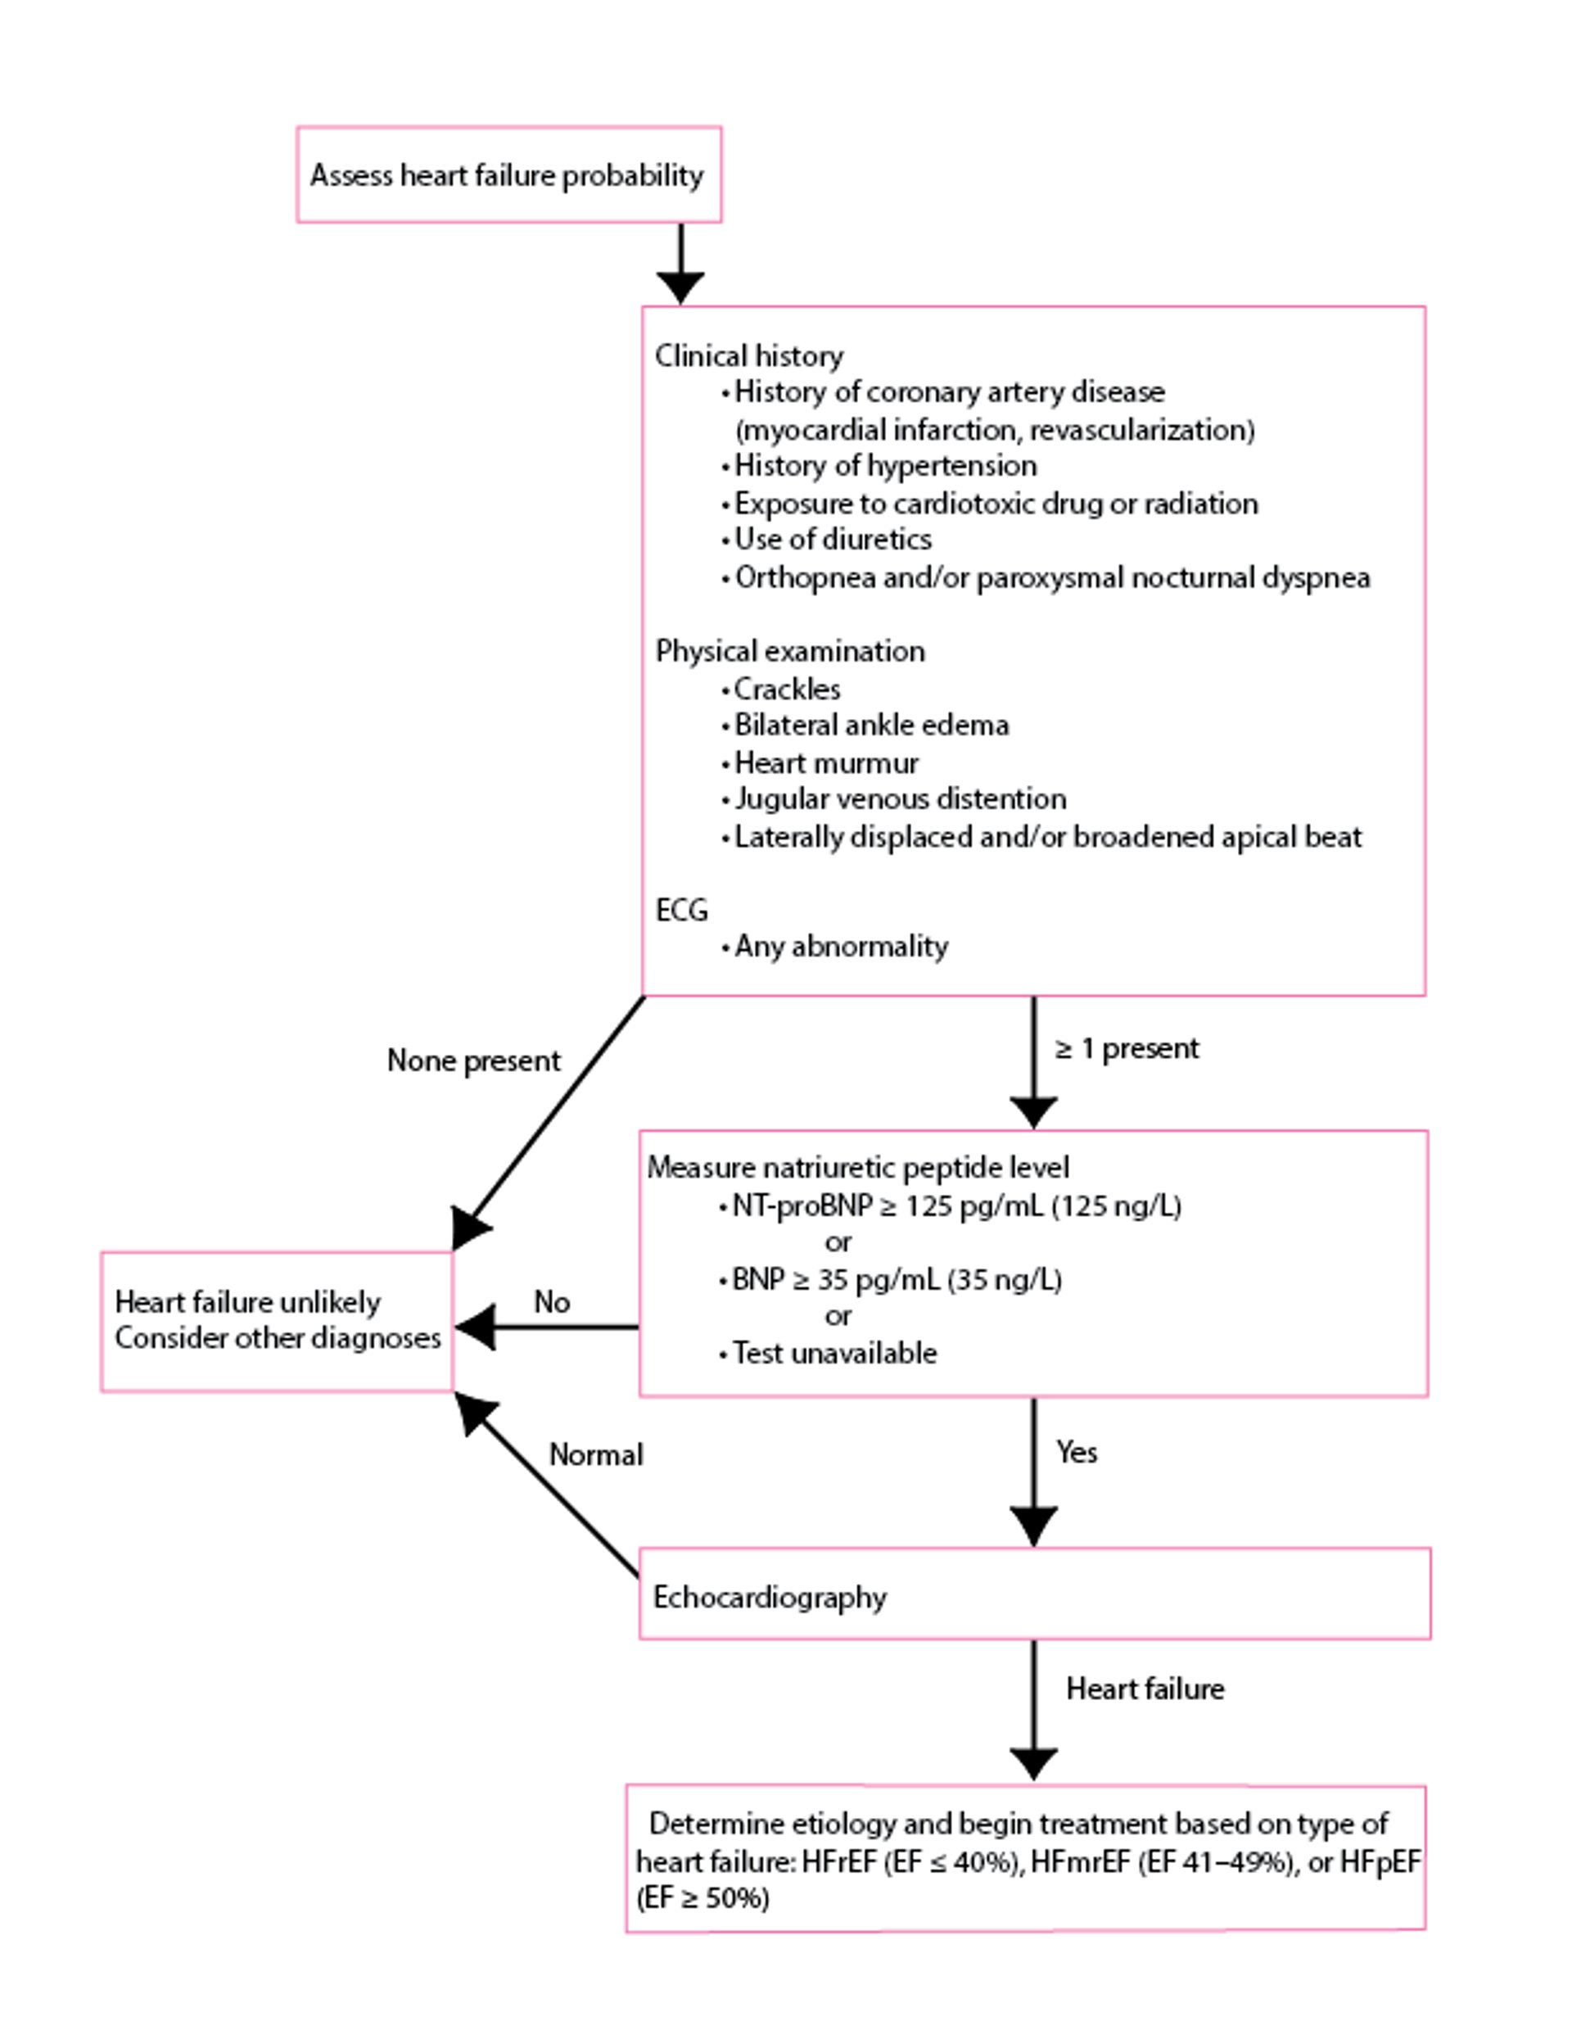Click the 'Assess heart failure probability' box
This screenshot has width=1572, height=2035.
[508, 175]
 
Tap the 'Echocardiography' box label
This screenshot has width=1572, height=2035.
[770, 1597]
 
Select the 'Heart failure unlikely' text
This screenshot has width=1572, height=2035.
[248, 1302]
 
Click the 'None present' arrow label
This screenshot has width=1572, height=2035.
[473, 1060]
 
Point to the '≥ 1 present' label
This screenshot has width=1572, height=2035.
[1127, 1048]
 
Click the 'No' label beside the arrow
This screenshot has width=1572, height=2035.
[552, 1302]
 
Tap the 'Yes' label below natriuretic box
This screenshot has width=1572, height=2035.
[1077, 1452]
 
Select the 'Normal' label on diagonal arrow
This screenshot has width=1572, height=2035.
[595, 1454]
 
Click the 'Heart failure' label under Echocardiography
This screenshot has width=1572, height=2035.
[1145, 1689]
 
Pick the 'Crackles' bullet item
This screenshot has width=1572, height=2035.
[787, 689]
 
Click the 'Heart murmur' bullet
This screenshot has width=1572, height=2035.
[825, 762]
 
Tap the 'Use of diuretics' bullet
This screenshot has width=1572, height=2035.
[832, 539]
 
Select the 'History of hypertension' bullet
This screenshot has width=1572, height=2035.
[884, 465]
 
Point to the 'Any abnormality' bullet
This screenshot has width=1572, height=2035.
[841, 946]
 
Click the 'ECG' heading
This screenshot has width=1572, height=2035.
[681, 910]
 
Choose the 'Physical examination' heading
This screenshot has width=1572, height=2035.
[790, 650]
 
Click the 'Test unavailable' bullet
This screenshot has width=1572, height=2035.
[834, 1352]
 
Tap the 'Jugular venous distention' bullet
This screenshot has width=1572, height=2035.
[899, 798]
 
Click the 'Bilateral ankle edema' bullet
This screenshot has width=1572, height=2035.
[870, 725]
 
